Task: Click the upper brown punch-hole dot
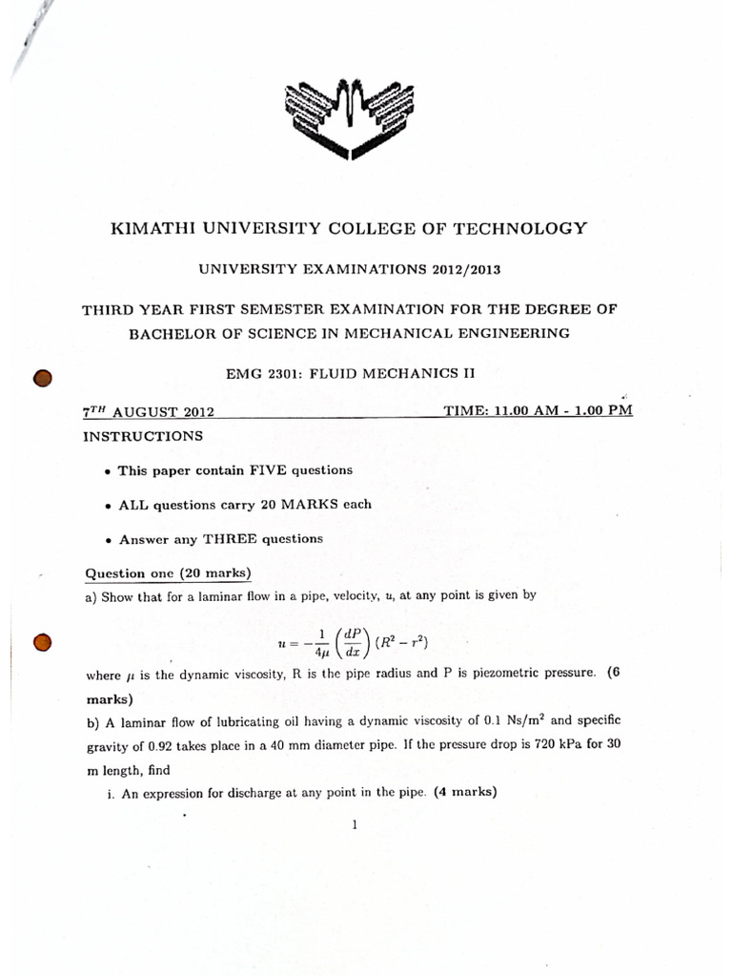tap(41, 379)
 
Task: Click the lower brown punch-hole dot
tap(41, 643)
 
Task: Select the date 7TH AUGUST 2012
tap(148, 412)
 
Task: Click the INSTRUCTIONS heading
tap(143, 436)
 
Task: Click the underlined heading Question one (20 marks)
tap(168, 573)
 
